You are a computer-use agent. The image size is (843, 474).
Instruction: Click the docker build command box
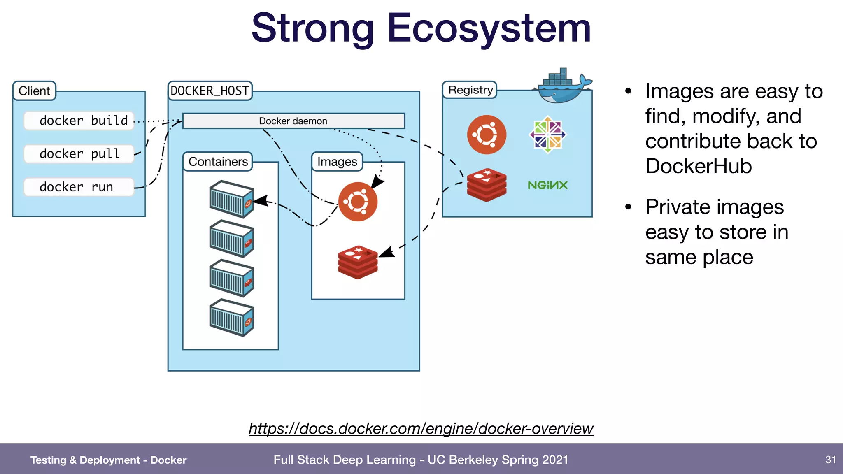point(79,121)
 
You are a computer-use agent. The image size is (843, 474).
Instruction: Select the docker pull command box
point(79,154)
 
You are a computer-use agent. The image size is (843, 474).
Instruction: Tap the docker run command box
point(79,187)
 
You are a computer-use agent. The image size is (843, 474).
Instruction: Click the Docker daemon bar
point(293,121)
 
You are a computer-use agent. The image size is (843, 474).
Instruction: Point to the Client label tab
point(34,91)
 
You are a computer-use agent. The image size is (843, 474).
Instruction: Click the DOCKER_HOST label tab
point(210,91)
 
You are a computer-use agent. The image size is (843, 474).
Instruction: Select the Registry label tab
point(470,90)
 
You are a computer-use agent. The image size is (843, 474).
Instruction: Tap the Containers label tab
point(218,162)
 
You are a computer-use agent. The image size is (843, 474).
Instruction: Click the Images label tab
point(337,162)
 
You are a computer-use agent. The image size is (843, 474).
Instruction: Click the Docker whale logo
point(563,86)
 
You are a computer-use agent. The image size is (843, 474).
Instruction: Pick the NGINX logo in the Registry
point(547,185)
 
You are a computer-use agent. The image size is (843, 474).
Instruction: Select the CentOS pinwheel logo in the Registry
point(547,135)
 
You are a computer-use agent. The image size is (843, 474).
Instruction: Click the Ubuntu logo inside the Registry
point(487,135)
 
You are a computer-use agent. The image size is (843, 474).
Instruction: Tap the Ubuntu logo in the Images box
point(358,202)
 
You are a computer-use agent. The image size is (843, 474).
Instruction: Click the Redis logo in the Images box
point(358,263)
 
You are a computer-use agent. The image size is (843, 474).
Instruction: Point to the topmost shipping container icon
point(231,199)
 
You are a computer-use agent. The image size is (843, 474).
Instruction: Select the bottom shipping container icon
point(231,318)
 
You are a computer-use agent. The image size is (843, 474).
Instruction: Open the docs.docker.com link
point(421,429)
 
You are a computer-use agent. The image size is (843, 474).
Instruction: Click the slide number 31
point(830,460)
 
